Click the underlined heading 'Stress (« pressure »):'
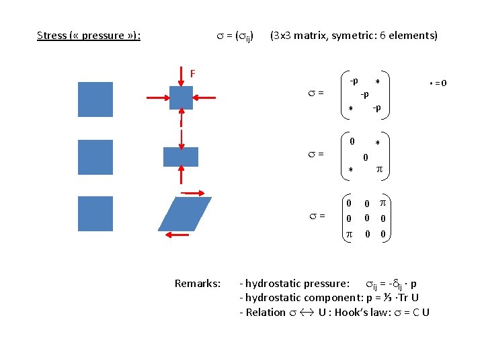89,35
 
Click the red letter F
192,73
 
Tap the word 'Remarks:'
197,283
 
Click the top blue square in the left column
95,99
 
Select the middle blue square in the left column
95,157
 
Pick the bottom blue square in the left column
95,214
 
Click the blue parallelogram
184,214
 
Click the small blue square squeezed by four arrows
181,97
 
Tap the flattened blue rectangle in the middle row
181,157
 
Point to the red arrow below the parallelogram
177,235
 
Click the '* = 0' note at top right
438,83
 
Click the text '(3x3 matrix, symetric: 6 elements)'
354,35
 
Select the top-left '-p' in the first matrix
354,81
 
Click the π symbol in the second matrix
378,171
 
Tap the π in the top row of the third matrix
382,202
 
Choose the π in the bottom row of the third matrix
348,233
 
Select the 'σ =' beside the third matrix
317,215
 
